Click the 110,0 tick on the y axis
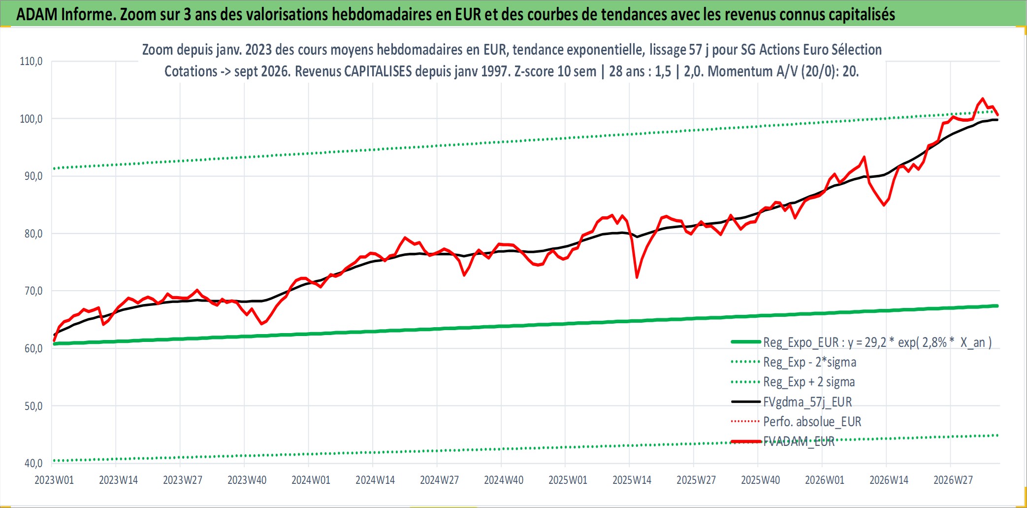point(31,62)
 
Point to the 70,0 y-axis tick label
point(33,291)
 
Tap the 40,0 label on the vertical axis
point(33,463)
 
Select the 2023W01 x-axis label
point(54,480)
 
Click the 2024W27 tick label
point(439,480)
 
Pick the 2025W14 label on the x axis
point(632,480)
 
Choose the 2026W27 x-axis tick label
point(953,480)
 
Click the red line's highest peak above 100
point(983,99)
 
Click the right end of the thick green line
point(997,306)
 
